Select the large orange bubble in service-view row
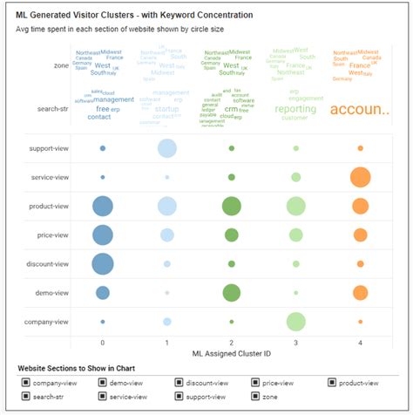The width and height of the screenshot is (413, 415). point(360,177)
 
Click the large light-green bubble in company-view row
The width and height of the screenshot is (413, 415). point(296,322)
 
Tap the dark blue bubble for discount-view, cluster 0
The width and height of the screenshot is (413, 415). point(103,263)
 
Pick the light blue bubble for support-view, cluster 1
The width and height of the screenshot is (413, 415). point(166,148)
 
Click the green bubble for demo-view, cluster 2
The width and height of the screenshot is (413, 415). point(231,292)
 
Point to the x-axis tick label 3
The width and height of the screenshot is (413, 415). point(296,343)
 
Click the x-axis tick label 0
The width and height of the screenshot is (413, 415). point(103,343)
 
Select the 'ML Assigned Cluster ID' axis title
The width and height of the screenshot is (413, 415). point(232,354)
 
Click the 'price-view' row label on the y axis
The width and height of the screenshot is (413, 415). point(51,235)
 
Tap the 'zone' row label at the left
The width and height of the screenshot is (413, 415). point(60,65)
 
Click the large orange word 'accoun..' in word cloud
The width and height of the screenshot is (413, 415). point(359,109)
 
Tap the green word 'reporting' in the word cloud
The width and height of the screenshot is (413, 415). point(295,109)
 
